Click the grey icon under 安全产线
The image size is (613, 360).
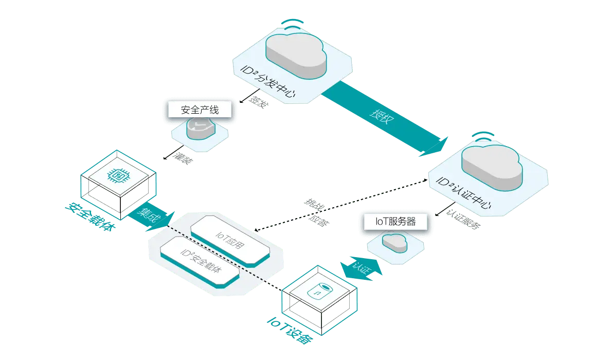[200, 129]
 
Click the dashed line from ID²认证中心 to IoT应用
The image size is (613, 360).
[339, 203]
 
